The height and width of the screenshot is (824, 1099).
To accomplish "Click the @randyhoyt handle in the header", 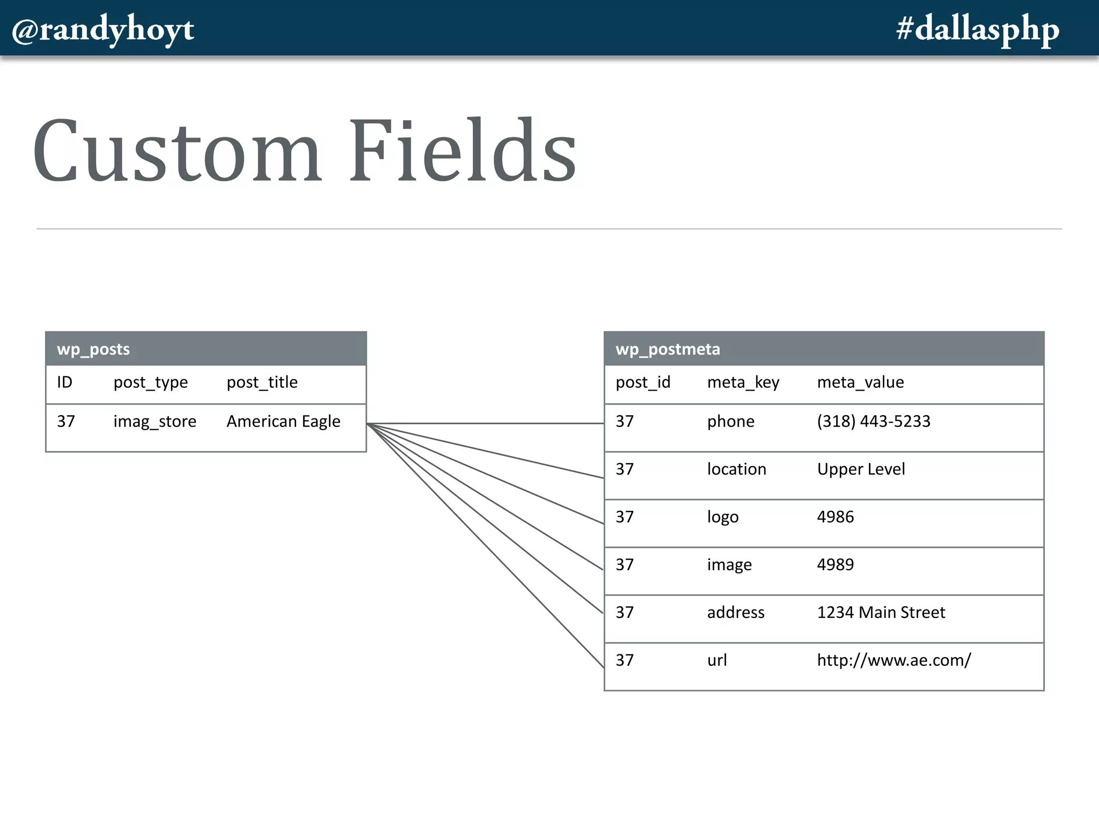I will (x=103, y=30).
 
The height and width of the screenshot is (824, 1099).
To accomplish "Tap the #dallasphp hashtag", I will (x=978, y=30).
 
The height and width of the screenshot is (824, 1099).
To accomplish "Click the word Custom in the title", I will (x=177, y=151).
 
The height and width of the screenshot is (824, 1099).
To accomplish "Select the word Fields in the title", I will (x=463, y=151).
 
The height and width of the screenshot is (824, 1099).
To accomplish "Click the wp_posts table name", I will (x=93, y=349).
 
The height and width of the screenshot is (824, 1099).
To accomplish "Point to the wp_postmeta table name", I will (x=668, y=349).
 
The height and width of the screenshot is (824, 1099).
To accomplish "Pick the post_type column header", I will (x=150, y=382).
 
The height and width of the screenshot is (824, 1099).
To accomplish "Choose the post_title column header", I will (x=262, y=382).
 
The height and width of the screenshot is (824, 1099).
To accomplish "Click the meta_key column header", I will (x=743, y=382).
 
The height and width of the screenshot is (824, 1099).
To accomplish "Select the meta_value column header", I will (x=860, y=382).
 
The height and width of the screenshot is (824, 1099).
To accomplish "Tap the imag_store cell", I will (x=155, y=422).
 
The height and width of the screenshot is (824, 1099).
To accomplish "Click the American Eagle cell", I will (x=283, y=422).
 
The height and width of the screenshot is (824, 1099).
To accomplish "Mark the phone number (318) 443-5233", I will (x=874, y=422).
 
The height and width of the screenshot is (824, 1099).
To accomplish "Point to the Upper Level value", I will (x=861, y=469).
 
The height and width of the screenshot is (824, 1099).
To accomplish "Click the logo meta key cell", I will (x=723, y=517).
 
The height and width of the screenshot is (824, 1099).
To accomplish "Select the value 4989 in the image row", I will (x=835, y=565).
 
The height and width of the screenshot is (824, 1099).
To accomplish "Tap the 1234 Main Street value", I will (x=881, y=613).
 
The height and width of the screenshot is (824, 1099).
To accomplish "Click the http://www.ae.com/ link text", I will (x=894, y=660).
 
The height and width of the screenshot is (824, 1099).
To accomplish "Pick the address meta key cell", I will (x=736, y=613).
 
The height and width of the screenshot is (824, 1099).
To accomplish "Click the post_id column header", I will (x=643, y=382).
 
